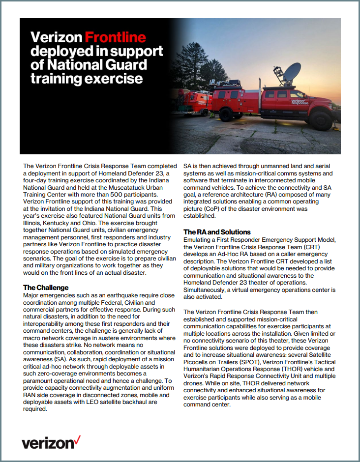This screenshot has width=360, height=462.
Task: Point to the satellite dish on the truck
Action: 292,72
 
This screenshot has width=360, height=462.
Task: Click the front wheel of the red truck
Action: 322,119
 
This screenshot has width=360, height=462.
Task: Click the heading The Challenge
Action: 46,288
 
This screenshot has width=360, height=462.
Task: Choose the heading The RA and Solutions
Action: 217,232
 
